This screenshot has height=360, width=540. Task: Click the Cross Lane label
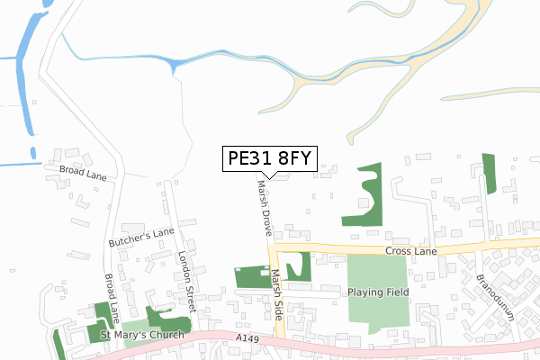pos(409,252)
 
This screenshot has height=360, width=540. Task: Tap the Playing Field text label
pos(378,292)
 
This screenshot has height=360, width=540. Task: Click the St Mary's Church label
pos(141,335)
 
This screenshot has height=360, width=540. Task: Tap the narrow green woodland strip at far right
pos(490,173)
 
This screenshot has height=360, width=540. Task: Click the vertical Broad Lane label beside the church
pos(112,297)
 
